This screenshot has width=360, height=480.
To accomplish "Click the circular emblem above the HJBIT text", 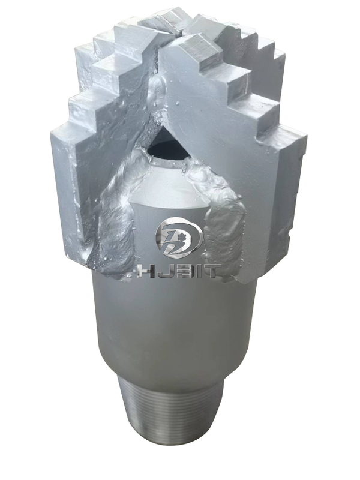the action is (179, 239).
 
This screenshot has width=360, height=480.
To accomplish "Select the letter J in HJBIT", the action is (162, 271).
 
